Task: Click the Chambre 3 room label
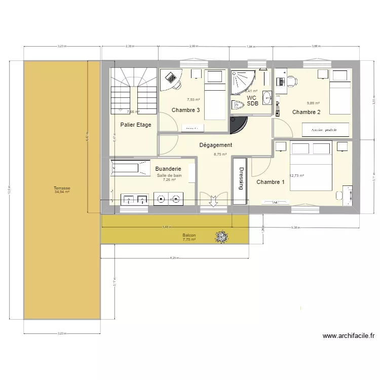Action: click(x=185, y=110)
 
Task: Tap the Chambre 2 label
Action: click(x=307, y=112)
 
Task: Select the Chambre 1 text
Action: click(x=271, y=182)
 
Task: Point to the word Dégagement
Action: click(x=216, y=145)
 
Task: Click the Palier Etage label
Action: click(x=136, y=125)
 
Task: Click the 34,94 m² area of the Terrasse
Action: click(x=62, y=192)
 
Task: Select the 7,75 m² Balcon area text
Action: click(x=189, y=240)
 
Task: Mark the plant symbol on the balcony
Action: click(x=221, y=236)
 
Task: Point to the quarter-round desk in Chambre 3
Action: click(x=171, y=80)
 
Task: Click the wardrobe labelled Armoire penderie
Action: click(x=326, y=130)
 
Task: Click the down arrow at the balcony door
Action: click(x=213, y=201)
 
